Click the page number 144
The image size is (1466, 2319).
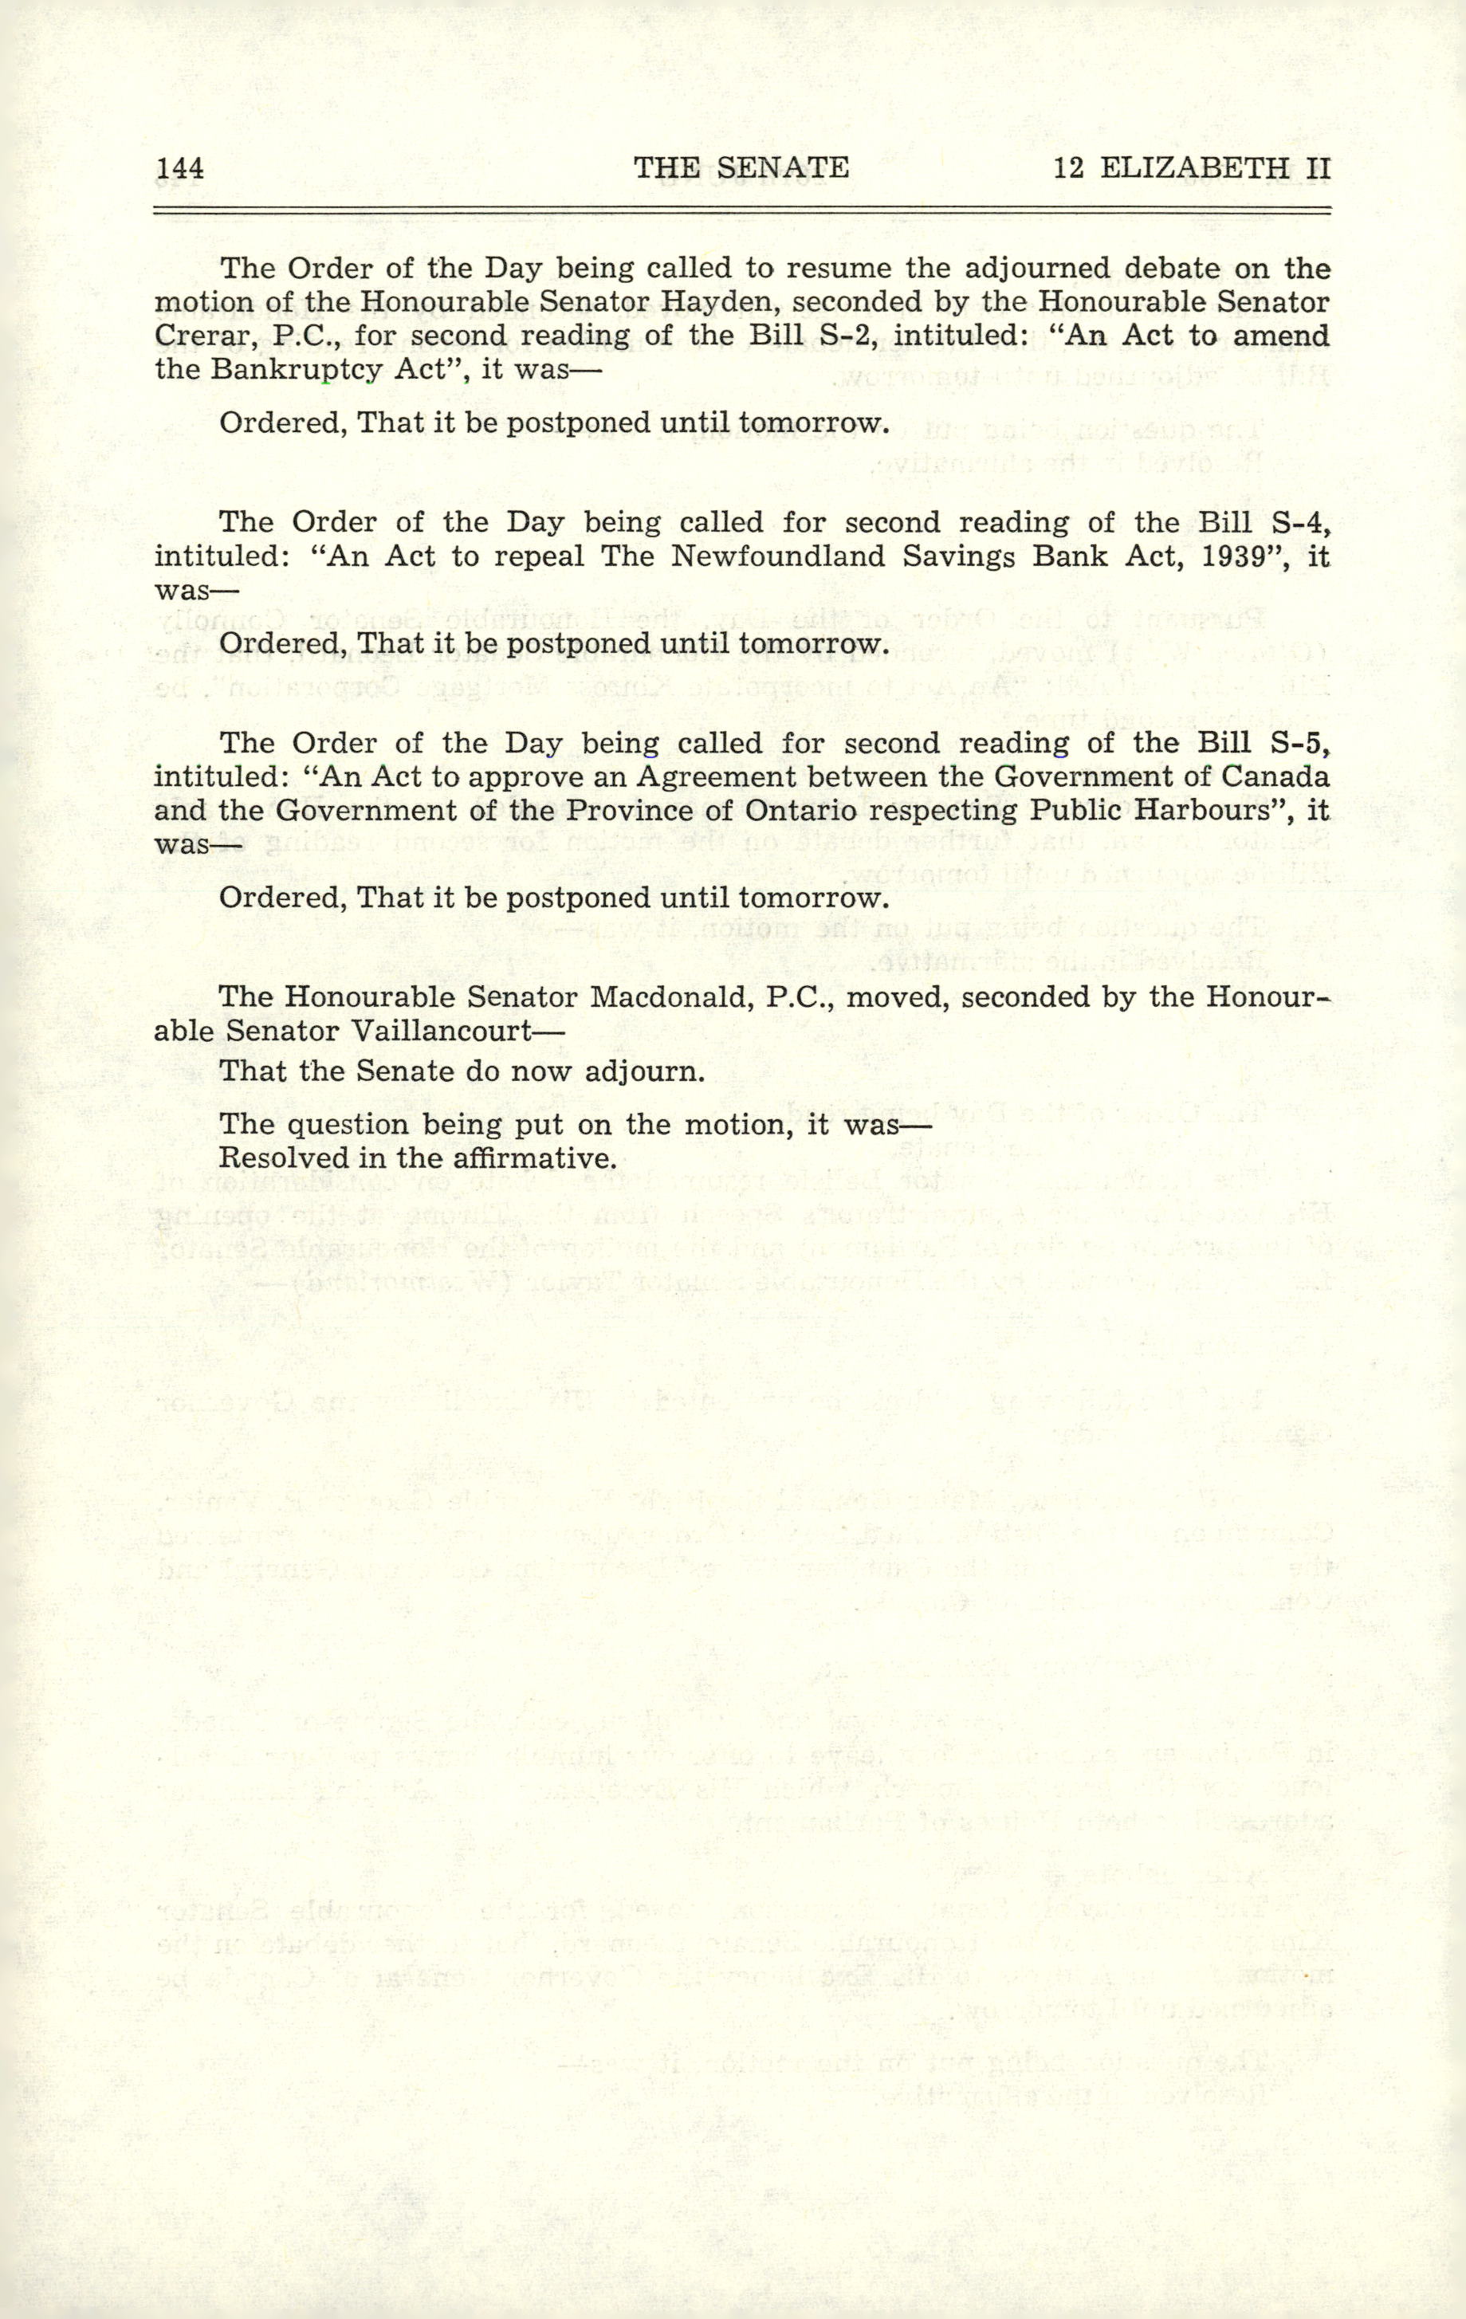click(x=179, y=168)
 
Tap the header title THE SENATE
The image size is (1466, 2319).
click(x=741, y=168)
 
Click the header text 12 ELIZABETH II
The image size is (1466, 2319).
click(x=1192, y=168)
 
